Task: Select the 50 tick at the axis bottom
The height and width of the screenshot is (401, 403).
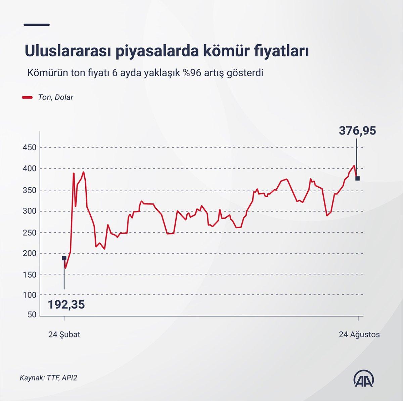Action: [32, 315]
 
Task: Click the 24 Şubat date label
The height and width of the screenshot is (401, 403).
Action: [64, 335]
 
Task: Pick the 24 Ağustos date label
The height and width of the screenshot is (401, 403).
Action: [359, 335]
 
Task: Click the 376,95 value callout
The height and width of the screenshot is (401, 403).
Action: [357, 131]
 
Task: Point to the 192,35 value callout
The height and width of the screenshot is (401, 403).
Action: [66, 305]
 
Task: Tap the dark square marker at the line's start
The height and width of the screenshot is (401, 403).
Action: [64, 258]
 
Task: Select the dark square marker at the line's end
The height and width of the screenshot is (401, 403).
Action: [358, 178]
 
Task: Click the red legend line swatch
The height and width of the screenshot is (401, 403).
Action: [27, 98]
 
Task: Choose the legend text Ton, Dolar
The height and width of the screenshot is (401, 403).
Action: [55, 98]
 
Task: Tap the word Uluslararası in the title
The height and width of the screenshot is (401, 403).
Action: [68, 52]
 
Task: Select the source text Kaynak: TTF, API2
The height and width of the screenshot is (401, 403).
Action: [48, 378]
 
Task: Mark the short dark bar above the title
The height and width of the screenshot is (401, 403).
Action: [37, 24]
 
